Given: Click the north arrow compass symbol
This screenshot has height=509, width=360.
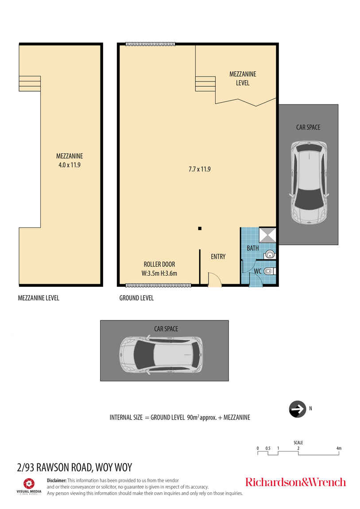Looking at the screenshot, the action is coord(298,409).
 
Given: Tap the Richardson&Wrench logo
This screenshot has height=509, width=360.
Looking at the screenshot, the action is coord(295,482).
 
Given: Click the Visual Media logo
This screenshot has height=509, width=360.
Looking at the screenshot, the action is coord(29,486).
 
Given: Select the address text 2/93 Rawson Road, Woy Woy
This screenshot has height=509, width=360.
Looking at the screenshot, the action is coord(74,467).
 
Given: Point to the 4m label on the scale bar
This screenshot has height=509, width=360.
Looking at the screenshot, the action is coord(339,448).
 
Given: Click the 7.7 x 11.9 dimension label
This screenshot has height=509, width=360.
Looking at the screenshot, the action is coord(200,169).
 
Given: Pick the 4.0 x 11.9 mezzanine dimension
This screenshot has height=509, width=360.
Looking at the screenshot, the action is coord(70,165).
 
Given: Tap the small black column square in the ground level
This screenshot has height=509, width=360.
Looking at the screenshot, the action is coord(200,228).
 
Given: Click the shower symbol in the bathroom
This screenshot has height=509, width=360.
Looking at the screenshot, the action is coord(267,235).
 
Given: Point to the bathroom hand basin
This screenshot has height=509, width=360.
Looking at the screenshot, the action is coord(269,254).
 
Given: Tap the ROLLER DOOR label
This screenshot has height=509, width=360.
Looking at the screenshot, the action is coord(159,264).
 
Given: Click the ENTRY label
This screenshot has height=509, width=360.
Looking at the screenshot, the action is coord(218,257).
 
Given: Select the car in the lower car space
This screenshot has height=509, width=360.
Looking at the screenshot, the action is coord(161,355).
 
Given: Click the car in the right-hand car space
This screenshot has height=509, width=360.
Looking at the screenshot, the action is coord(309,182).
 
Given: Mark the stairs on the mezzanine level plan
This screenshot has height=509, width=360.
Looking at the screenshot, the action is coord(30,83).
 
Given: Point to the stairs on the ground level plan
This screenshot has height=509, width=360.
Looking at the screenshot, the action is coord(205,84).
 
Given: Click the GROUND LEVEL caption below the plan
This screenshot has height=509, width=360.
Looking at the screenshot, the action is coord(136,298).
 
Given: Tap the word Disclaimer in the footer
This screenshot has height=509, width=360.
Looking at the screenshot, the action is coord(57,480).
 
